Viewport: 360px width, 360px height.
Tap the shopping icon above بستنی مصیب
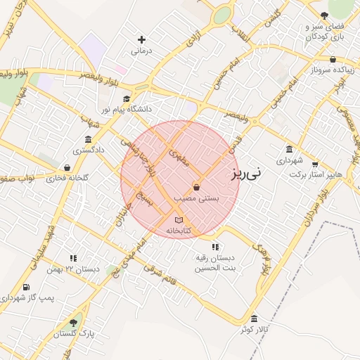click(195, 188)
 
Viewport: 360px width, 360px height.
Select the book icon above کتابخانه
click(178, 220)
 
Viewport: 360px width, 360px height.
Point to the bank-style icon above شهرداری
click(290, 149)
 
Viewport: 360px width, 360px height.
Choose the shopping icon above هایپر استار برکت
click(314, 163)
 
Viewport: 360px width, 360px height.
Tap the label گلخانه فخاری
click(67, 179)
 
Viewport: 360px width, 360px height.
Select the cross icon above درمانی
click(141, 40)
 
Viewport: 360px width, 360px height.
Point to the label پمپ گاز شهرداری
click(27, 298)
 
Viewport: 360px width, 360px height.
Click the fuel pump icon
click(26, 286)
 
